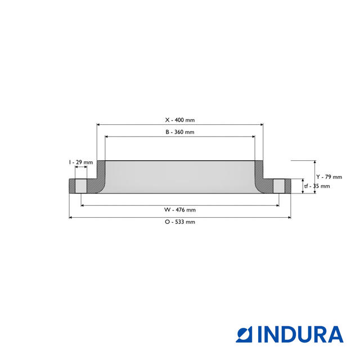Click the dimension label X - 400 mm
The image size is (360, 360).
(179, 120)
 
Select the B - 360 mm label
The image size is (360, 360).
(179, 132)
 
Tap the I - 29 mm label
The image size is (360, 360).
(81, 162)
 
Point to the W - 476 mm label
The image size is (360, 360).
(180, 210)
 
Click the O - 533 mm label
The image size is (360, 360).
(180, 222)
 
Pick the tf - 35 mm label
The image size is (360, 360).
(317, 186)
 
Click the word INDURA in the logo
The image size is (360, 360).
(300, 334)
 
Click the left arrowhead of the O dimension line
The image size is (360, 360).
(71, 218)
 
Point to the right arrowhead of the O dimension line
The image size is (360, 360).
(289, 218)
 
